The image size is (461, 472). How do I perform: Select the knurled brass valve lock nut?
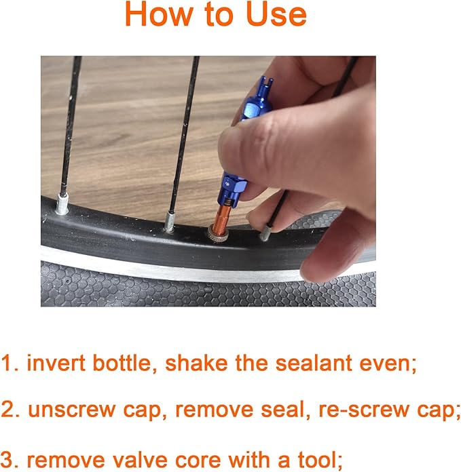pyautogui.click(x=217, y=237)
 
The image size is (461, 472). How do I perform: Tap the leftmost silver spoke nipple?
pyautogui.click(x=62, y=203)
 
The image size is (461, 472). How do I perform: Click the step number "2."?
pyautogui.click(x=10, y=410)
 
